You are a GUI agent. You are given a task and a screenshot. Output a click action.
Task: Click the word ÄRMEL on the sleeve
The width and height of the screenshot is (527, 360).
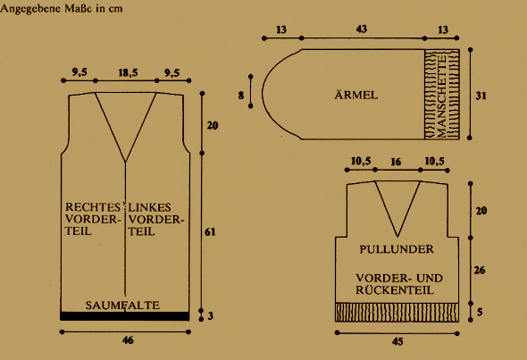tap(356, 95)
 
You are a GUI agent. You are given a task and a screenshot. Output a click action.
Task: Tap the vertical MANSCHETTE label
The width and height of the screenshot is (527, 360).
tap(441, 96)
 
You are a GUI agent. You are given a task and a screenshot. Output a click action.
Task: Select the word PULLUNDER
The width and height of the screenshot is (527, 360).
tap(397, 249)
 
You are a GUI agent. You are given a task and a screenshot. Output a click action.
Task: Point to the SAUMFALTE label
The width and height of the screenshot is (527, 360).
tap(122, 306)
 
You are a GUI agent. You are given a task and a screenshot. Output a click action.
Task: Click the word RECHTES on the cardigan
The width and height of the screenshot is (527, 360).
tap(93, 206)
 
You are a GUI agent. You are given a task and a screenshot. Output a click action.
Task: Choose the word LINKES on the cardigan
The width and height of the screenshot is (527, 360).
tap(149, 207)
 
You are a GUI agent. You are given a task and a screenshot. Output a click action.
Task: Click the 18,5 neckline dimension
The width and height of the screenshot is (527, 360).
tap(128, 72)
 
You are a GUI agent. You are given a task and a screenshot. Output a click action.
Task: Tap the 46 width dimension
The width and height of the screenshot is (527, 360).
tap(128, 340)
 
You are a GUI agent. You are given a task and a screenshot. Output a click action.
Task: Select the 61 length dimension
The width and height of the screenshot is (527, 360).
tap(210, 231)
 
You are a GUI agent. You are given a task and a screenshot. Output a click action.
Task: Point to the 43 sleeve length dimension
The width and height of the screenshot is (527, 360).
tap(361, 29)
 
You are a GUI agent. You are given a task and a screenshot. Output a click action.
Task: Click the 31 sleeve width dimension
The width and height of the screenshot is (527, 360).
tap(481, 96)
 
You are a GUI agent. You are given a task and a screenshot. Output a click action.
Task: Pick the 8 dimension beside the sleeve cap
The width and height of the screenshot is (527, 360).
tap(241, 96)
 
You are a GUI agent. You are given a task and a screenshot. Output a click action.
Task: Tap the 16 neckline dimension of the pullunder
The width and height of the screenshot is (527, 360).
tap(396, 162)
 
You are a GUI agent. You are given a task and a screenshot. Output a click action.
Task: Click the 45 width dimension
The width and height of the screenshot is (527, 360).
tap(397, 341)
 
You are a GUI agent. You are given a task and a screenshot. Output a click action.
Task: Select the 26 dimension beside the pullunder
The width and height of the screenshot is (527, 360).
tap(480, 270)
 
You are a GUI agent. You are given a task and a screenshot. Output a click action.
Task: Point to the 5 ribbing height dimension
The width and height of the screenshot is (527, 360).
tap(480, 313)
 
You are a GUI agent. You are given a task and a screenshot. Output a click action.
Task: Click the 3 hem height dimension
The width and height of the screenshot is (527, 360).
tap(211, 316)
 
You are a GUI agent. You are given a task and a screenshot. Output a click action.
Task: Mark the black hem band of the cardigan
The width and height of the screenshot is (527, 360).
tap(125, 316)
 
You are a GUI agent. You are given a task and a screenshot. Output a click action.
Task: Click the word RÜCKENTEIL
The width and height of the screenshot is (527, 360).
tap(395, 290)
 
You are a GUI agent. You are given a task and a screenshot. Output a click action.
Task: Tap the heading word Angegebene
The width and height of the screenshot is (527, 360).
tap(30, 8)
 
